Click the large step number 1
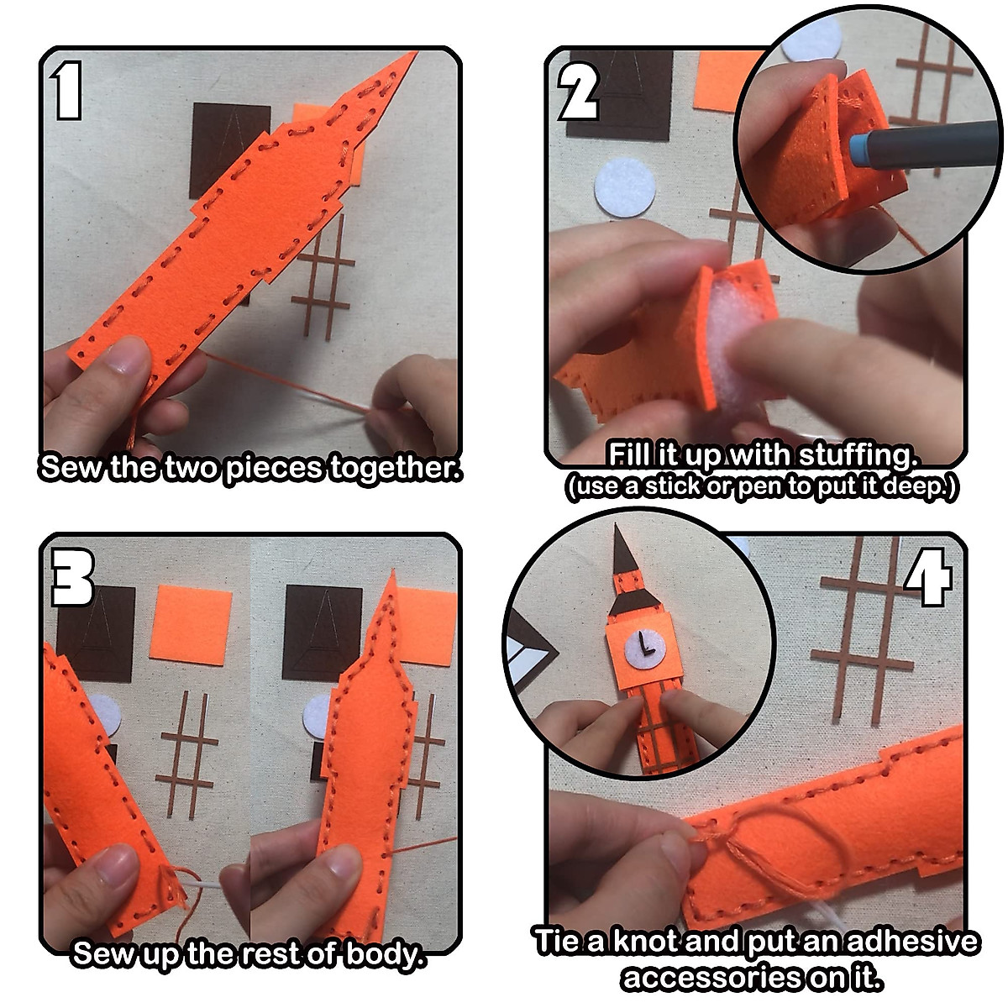coord(66,90)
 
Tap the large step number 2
coord(579,91)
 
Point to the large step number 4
coord(928,577)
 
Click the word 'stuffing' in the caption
coord(858,455)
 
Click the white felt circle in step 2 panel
coord(625,186)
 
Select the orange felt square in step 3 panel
coord(191,625)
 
